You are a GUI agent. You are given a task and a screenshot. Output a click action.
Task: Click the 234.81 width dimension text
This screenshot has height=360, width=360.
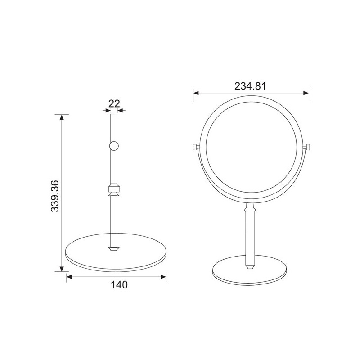(x=250, y=86)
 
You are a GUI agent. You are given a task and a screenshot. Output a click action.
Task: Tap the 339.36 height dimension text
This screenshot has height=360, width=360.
(x=55, y=196)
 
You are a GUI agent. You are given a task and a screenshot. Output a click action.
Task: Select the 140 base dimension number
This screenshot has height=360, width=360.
(x=119, y=285)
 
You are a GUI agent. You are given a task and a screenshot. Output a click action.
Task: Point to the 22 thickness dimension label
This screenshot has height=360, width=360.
(x=114, y=104)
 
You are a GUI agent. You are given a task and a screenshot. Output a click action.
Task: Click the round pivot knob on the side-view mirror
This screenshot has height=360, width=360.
(x=114, y=146)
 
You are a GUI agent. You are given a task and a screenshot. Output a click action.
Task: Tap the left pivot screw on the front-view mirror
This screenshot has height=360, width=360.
(x=196, y=147)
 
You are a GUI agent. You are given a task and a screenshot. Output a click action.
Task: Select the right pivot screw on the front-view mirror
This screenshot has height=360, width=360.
(x=307, y=147)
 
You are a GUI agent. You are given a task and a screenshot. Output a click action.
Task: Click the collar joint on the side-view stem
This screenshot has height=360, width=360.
(x=114, y=190)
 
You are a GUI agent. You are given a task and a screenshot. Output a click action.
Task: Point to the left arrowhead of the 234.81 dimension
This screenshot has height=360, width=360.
(x=196, y=93)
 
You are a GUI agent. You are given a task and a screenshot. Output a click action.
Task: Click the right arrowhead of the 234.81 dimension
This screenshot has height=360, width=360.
(x=306, y=93)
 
